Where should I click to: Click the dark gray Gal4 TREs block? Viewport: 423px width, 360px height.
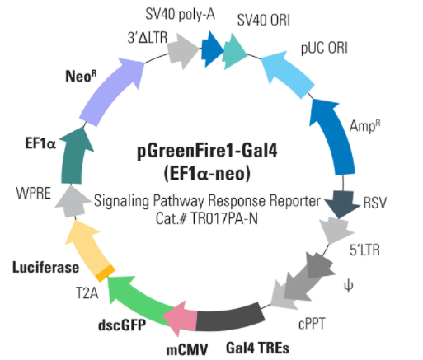(229, 317)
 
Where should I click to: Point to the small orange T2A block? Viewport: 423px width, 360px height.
(105, 273)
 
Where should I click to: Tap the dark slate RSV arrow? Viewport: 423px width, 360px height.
(341, 203)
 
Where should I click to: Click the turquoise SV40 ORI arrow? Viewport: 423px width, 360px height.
(234, 51)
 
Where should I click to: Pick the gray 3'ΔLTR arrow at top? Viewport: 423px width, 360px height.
(183, 51)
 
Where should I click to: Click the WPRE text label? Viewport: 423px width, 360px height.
(34, 193)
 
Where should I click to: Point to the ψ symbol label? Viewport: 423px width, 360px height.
(349, 286)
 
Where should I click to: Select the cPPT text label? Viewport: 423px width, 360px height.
(312, 324)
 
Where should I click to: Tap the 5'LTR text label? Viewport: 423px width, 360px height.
(364, 250)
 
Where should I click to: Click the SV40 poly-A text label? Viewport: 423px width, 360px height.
(180, 14)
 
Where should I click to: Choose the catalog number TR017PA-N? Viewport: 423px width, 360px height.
(224, 219)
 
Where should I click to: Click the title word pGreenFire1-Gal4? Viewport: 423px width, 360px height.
(207, 151)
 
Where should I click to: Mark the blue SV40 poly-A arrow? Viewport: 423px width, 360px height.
(212, 49)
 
